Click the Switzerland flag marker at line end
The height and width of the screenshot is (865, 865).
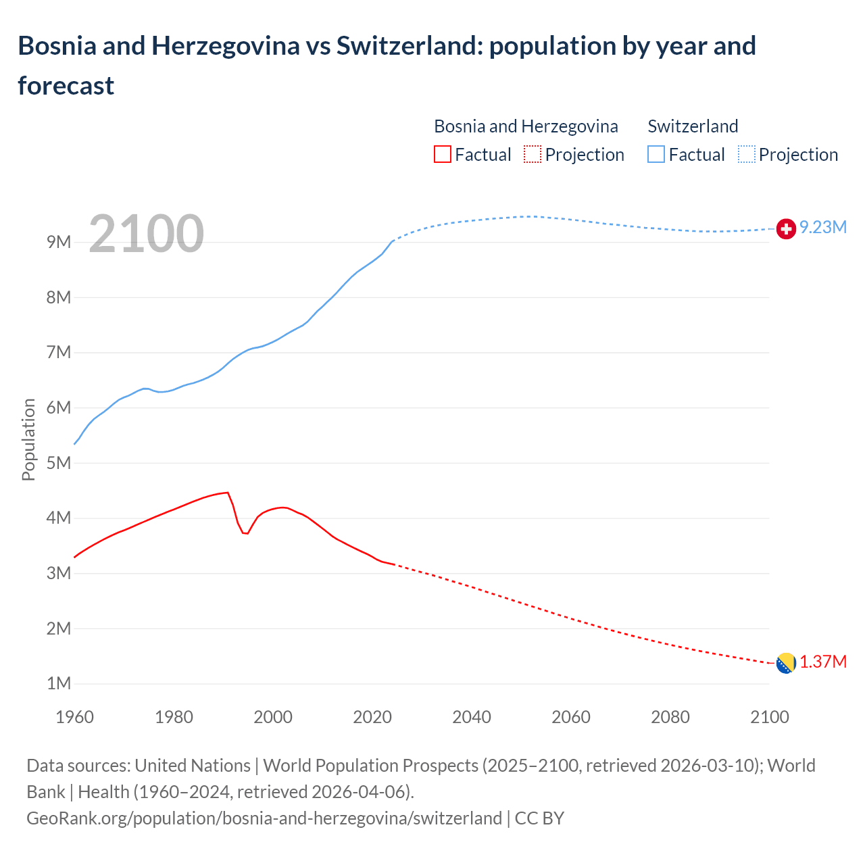pos(786,229)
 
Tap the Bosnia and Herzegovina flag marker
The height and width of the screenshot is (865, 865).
pos(786,663)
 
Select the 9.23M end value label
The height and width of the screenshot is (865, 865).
pos(823,228)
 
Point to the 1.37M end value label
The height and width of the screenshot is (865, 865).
pos(823,662)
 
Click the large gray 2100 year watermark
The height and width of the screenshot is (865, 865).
pos(146,234)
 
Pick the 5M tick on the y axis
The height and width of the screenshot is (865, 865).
pos(59,463)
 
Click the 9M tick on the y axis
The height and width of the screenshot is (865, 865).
pos(59,242)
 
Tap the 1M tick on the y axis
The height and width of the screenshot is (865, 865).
pos(59,683)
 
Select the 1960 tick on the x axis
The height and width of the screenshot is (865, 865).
pos(74,717)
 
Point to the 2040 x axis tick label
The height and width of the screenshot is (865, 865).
pos(472,717)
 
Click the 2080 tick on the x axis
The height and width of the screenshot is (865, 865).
pos(670,717)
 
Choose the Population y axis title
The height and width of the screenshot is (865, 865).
pos(28,440)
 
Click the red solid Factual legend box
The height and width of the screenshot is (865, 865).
pos(442,155)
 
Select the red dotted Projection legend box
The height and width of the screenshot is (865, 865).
pos(533,155)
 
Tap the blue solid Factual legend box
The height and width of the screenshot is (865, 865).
pos(656,155)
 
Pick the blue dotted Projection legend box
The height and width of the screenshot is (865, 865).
pos(747,155)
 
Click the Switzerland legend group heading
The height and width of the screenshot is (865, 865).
pos(693,126)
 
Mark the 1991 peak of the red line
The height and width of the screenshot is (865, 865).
pos(228,493)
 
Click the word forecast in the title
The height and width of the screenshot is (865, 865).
pos(66,86)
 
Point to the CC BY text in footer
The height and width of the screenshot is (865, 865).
pos(539,818)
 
